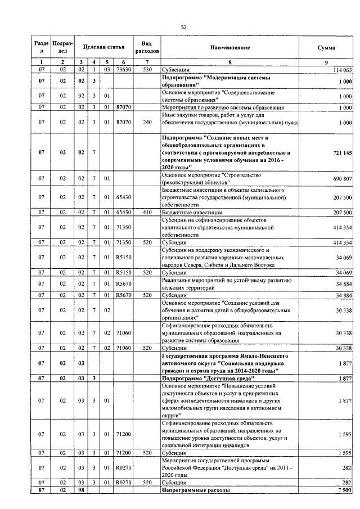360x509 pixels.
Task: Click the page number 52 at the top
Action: click(x=183, y=26)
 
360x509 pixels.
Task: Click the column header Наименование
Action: click(x=231, y=48)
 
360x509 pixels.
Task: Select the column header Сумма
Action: click(x=326, y=48)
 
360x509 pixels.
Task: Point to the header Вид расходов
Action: click(x=146, y=48)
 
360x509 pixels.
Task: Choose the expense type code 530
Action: click(x=146, y=70)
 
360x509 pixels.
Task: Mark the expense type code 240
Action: click(x=146, y=121)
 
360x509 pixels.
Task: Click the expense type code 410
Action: click(x=146, y=213)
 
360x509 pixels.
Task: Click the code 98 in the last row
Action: click(x=82, y=490)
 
